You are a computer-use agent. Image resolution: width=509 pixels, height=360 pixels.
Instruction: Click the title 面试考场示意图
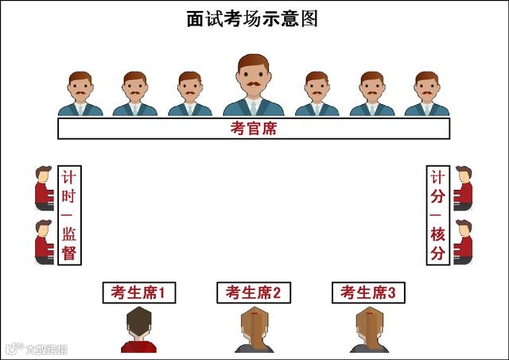pyautogui.click(x=252, y=19)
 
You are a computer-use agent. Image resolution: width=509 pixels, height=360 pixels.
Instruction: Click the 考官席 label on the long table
pyautogui.click(x=254, y=129)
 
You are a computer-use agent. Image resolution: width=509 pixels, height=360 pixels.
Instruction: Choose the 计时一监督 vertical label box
pyautogui.click(x=68, y=215)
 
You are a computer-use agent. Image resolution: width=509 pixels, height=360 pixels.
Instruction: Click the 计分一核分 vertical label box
pyautogui.click(x=437, y=215)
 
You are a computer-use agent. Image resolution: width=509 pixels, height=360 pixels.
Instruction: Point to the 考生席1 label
pyautogui.click(x=138, y=292)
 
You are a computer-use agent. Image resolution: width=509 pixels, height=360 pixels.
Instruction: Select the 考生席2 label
pyautogui.click(x=254, y=292)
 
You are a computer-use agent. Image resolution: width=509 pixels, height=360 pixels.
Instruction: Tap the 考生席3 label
pyautogui.click(x=368, y=292)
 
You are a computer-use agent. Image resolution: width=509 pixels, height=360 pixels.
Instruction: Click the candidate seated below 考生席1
pyautogui.click(x=138, y=331)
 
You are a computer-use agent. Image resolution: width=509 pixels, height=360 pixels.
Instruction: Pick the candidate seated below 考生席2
pyautogui.click(x=254, y=331)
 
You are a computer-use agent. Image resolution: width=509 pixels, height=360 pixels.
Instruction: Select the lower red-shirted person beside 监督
pyautogui.click(x=44, y=242)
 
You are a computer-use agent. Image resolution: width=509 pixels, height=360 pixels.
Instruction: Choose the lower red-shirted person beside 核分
pyautogui.click(x=463, y=242)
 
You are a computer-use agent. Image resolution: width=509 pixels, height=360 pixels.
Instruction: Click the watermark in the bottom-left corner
pyautogui.click(x=37, y=348)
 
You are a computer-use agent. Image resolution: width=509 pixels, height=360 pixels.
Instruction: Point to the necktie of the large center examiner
pyautogui.click(x=253, y=106)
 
